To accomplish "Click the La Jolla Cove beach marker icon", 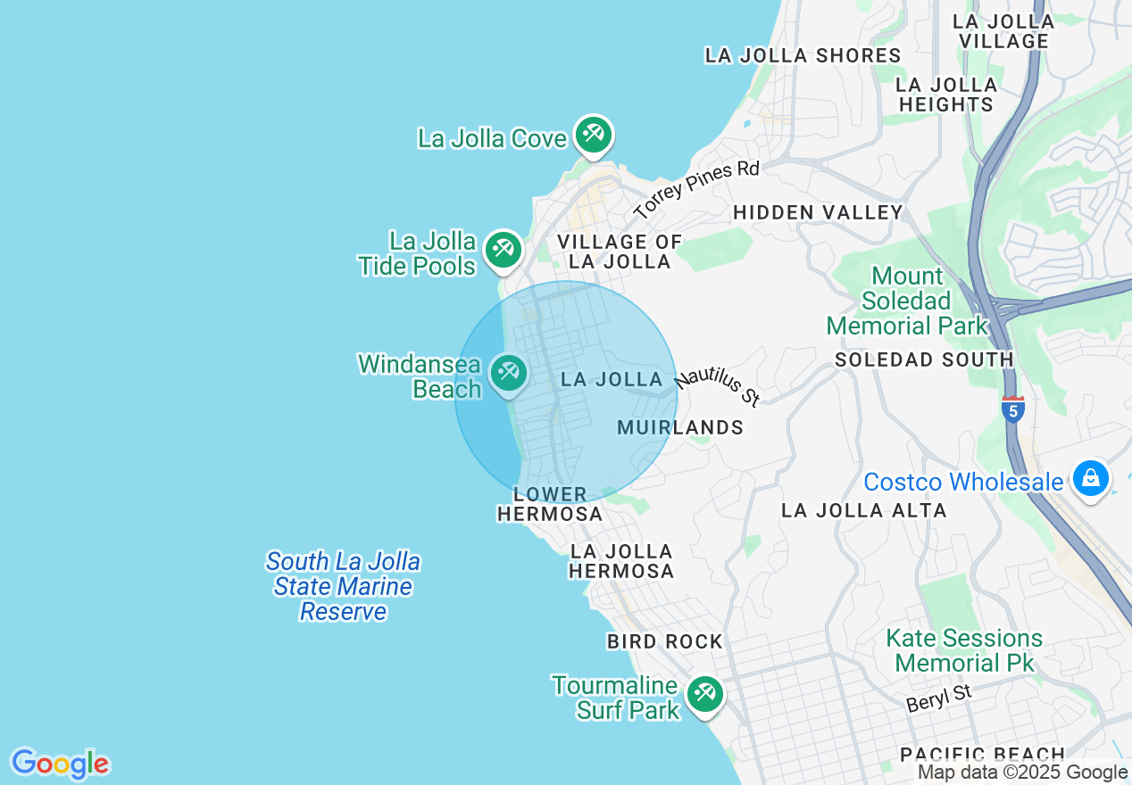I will tap(592, 135).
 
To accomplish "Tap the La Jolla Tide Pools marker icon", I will tap(504, 249).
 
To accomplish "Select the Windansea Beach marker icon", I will tap(509, 372).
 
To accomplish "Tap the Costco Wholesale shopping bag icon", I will tap(1090, 478).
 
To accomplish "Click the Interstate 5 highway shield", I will tap(1012, 409).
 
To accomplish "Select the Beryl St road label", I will tap(938, 698).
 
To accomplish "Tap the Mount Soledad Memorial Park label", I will tap(908, 301).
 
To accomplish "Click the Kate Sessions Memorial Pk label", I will tap(964, 650).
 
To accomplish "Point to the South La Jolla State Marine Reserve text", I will tap(344, 586).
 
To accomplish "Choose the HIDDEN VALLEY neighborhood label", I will tap(818, 212).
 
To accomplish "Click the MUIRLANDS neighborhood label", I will tap(680, 427).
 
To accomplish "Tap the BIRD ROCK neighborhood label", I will tap(664, 641).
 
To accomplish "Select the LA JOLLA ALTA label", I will tap(863, 510).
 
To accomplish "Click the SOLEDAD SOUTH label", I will tap(924, 359).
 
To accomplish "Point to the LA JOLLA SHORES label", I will tap(803, 55).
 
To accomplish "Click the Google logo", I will tap(60, 764).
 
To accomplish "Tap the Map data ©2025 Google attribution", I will tap(1023, 773).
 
